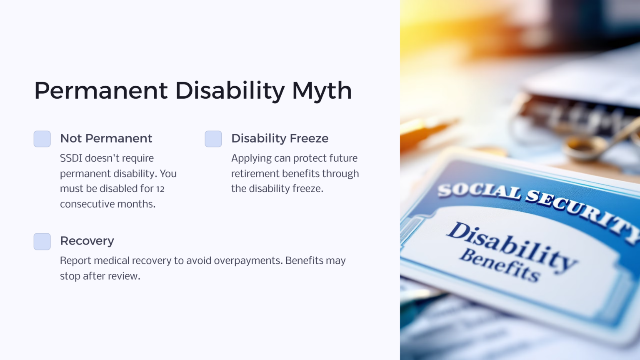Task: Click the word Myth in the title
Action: coord(322,91)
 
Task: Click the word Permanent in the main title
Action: coord(101,91)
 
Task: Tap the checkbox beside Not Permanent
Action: coord(42,139)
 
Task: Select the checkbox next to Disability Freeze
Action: coord(213,139)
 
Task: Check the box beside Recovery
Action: coord(42,241)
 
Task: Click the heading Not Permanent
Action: coord(106,138)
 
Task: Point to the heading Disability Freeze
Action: coord(280,138)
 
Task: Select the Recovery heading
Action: coord(87,241)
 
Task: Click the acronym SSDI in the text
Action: coord(71,158)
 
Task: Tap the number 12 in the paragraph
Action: coord(160,189)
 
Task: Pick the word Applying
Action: coord(251,159)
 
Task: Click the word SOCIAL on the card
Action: coord(479,191)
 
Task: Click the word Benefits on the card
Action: coord(500,265)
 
